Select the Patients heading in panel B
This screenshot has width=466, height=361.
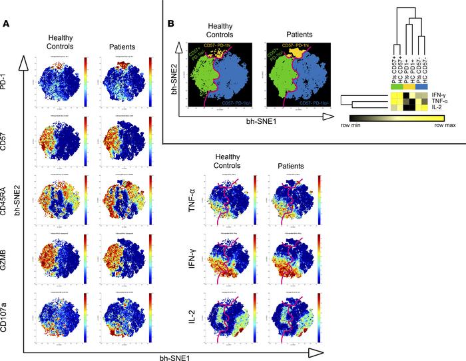tap(287, 31)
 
